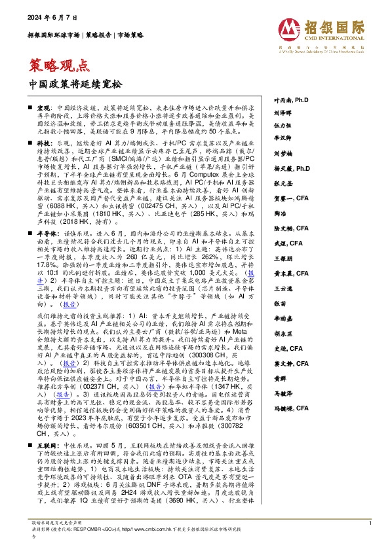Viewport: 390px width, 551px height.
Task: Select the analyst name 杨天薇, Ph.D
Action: click(290, 168)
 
